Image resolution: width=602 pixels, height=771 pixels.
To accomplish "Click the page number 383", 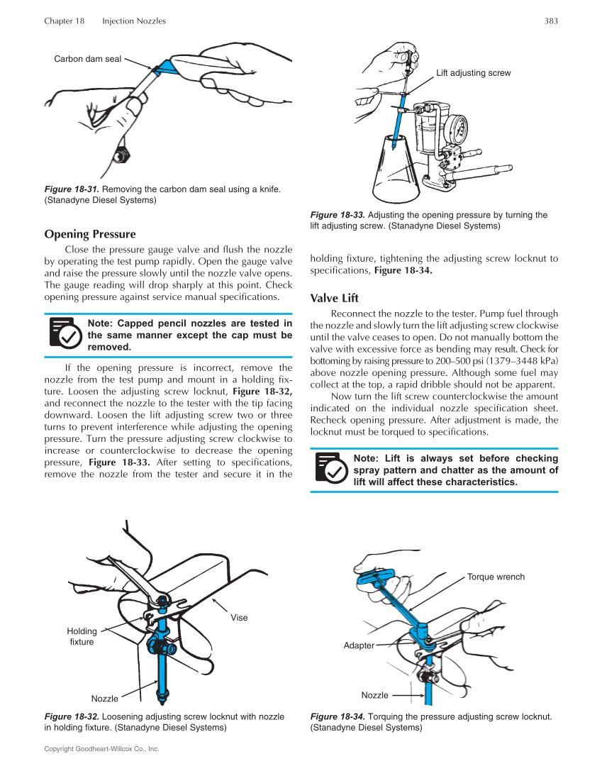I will [551, 21].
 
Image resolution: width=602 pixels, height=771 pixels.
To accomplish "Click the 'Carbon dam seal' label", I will [87, 59].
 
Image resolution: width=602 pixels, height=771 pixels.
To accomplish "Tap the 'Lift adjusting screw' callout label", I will [473, 73].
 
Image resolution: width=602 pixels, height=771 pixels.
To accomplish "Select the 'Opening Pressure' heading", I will [90, 234].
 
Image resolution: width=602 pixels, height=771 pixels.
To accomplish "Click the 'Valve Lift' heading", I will [334, 298].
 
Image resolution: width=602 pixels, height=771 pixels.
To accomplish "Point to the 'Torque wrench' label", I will [496, 577].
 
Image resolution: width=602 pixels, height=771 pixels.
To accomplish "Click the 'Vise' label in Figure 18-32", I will [239, 618].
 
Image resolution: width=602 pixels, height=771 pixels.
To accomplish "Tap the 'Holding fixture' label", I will [82, 636].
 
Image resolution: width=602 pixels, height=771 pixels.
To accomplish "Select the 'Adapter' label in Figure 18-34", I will [359, 645].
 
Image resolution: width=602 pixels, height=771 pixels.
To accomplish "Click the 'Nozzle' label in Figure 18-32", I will [105, 699].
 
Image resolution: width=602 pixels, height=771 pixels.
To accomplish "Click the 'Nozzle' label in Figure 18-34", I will [375, 695].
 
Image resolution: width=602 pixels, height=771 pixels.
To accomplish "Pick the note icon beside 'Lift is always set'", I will [330, 470].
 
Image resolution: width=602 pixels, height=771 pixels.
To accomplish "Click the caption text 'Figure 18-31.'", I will [72, 189].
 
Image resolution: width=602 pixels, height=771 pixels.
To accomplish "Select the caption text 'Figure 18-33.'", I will [338, 215].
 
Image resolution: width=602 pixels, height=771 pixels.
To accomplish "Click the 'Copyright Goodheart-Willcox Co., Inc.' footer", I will [101, 749].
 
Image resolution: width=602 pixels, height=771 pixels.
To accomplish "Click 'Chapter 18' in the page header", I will [64, 21].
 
